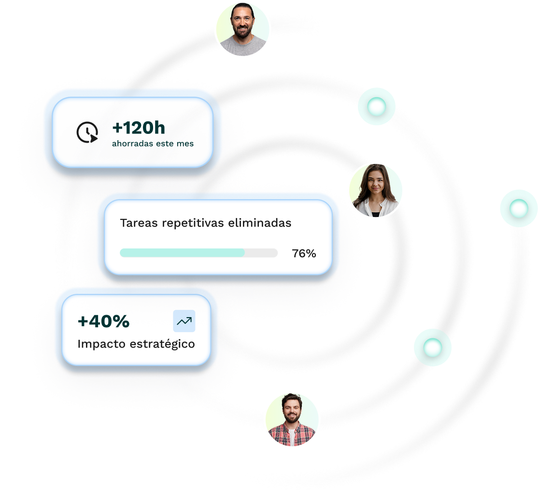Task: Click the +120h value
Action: [139, 128]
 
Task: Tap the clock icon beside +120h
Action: [87, 132]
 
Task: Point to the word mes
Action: [185, 144]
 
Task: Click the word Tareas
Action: [139, 223]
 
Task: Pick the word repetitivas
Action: [191, 223]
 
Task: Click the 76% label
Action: [304, 253]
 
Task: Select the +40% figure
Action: [103, 321]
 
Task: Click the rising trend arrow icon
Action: [184, 321]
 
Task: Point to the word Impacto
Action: [101, 344]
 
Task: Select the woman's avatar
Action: [375, 190]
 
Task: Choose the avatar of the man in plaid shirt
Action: [292, 419]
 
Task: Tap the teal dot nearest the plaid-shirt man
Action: [433, 347]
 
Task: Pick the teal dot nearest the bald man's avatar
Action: [377, 107]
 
